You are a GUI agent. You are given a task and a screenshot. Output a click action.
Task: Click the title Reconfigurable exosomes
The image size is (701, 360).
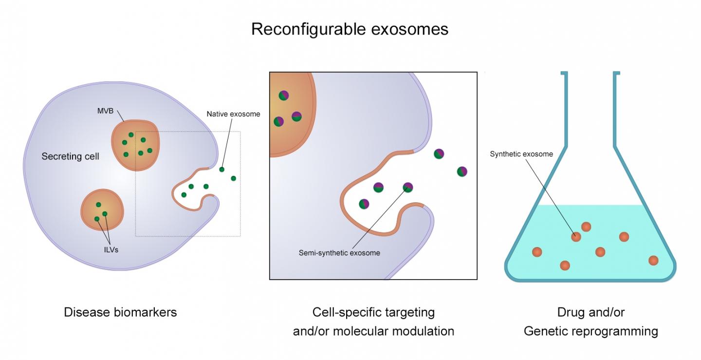[x=350, y=29]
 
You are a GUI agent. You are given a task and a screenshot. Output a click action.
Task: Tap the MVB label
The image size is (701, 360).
[x=105, y=110]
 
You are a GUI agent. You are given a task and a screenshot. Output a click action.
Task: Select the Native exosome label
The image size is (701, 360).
[x=233, y=114]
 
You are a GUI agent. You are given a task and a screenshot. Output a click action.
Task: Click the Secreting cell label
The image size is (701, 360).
[x=70, y=157]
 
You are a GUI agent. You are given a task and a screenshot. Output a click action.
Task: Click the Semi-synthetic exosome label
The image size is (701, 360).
[x=339, y=253]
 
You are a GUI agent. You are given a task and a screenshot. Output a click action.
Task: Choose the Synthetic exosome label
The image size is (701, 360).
[x=521, y=154]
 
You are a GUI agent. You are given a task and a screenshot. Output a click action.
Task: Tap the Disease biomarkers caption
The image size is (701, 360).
[x=120, y=312]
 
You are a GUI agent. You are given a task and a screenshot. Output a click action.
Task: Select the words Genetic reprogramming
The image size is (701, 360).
[x=590, y=332]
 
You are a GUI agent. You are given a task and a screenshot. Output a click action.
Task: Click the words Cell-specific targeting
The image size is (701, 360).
[x=373, y=312]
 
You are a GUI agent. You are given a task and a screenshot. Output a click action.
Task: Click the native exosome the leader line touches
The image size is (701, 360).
[x=222, y=170]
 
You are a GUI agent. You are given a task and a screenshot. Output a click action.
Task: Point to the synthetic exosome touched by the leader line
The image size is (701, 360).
[x=576, y=237]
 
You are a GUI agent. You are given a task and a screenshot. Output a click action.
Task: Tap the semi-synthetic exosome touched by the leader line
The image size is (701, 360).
[x=408, y=187]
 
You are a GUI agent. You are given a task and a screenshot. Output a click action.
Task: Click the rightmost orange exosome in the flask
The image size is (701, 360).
[x=654, y=260]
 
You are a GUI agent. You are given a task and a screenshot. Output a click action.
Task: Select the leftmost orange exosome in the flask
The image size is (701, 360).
[x=537, y=252]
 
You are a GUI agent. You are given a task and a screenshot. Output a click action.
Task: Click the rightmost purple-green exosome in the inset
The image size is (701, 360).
[x=462, y=171]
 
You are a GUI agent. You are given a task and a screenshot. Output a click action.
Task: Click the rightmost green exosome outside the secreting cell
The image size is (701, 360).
[x=233, y=178]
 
